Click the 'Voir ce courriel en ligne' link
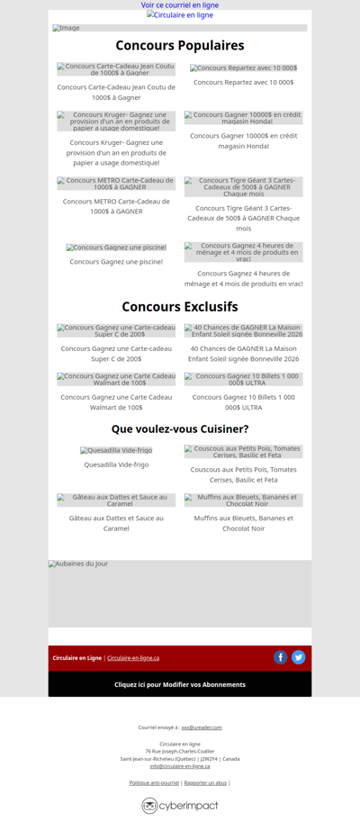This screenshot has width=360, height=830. pos(180,5)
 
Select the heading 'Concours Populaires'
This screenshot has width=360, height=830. pos(180,46)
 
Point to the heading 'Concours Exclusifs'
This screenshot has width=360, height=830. pos(180,307)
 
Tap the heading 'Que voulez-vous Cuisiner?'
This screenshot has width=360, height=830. pos(180,429)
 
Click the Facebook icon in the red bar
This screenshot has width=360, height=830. pos(281,657)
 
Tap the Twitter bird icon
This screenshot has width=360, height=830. pos(299,657)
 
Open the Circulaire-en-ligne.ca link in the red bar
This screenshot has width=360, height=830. pos(133,658)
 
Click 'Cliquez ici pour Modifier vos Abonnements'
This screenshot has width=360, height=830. pos(180,684)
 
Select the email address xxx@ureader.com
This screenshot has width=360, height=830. pos(202,727)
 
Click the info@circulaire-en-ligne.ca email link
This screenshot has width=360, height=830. pos(180,766)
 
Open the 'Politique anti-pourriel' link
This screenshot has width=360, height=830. pos(154,783)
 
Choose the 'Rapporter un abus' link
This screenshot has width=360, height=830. pos(205,783)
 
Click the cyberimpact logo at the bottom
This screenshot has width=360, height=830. pos(180,806)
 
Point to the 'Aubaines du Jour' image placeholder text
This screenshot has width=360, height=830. pos(78,564)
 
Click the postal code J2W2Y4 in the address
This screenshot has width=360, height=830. pos(209,759)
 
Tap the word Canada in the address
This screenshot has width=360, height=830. pos(231,759)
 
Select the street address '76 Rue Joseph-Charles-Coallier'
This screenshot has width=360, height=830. pos(180,751)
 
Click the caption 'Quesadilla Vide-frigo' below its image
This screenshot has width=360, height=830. pos(116,465)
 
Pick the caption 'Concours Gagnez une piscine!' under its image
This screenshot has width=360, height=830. pos(116,262)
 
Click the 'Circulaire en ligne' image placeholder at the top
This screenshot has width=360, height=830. pos(180,15)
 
